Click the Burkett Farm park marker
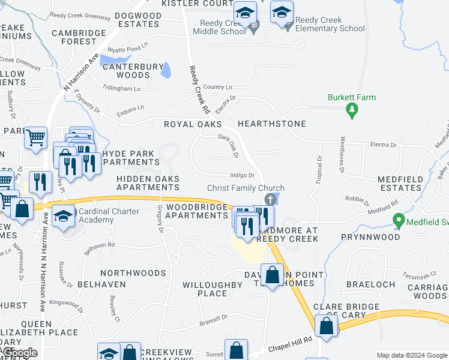[x=352, y=110]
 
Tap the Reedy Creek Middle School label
[x=224, y=28]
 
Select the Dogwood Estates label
[x=130, y=20]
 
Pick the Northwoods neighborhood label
[x=133, y=273]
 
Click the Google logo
[x=19, y=353]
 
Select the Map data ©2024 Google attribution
[x=411, y=355]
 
